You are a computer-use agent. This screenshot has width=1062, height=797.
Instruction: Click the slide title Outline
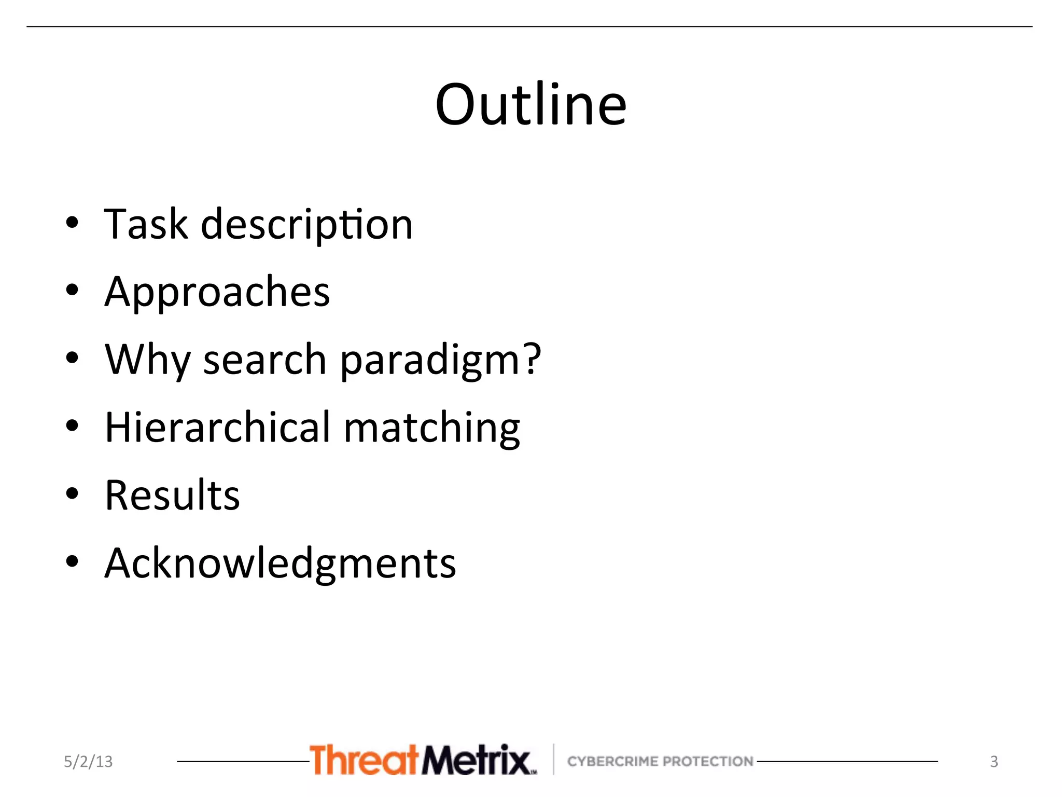(x=531, y=105)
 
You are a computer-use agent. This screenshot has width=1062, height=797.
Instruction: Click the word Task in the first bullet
(x=146, y=224)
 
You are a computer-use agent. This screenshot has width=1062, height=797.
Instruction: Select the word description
(x=306, y=225)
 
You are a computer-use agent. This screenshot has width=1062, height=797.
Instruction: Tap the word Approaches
(x=217, y=292)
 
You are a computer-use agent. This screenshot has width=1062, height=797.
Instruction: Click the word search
(x=264, y=360)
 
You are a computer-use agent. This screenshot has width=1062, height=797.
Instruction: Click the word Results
(x=172, y=495)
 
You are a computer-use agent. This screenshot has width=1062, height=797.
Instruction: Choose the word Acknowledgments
(x=280, y=563)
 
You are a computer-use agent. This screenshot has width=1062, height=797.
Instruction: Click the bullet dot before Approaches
(x=72, y=290)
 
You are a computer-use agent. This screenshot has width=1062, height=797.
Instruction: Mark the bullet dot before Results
(x=72, y=493)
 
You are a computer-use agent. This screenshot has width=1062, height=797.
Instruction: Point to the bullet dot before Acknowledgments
(x=72, y=561)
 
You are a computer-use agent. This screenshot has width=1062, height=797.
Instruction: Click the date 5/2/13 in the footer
(x=88, y=761)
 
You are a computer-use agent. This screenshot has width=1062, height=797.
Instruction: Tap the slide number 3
(x=994, y=761)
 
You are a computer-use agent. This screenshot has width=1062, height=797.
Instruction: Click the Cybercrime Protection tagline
(x=660, y=761)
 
